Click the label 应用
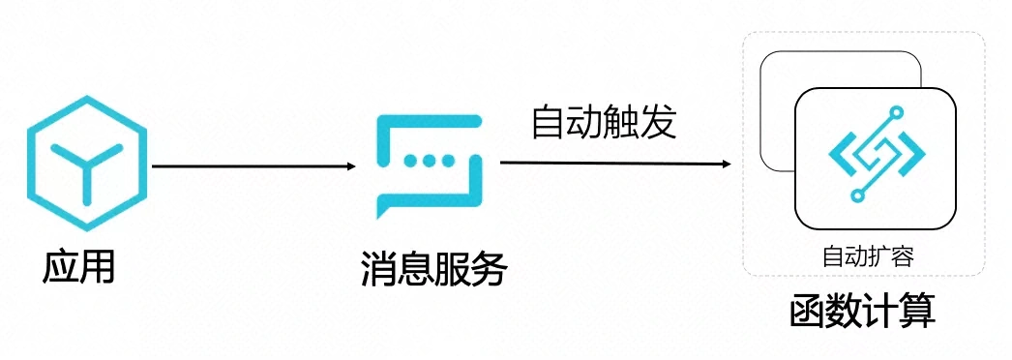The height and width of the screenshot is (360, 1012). pyautogui.click(x=78, y=266)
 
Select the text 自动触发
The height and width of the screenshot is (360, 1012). pyautogui.click(x=603, y=123)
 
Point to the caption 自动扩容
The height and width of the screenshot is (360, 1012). pyautogui.click(x=868, y=255)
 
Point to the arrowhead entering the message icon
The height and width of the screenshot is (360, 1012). pyautogui.click(x=350, y=166)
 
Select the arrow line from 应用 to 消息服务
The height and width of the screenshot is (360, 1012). pyautogui.click(x=252, y=166)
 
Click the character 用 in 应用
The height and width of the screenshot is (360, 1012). pyautogui.click(x=97, y=266)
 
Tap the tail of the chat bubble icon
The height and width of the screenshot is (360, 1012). pyautogui.click(x=385, y=207)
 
